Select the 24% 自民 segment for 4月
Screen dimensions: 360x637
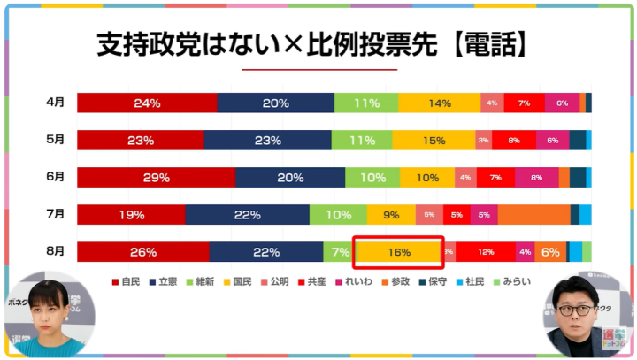click(x=147, y=103)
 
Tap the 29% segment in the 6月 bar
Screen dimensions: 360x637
click(x=156, y=177)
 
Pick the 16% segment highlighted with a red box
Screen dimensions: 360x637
click(x=398, y=252)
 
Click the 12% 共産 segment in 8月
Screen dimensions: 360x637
click(x=486, y=252)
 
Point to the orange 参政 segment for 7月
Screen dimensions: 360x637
click(x=533, y=214)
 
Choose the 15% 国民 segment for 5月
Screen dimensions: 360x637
click(x=434, y=140)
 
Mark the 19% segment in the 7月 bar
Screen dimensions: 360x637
click(x=131, y=214)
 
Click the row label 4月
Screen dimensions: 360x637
click(x=55, y=103)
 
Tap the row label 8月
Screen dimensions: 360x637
click(x=55, y=251)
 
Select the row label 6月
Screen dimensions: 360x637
click(x=55, y=177)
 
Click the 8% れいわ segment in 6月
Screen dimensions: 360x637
click(x=536, y=177)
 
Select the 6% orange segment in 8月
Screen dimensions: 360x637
click(x=550, y=252)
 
